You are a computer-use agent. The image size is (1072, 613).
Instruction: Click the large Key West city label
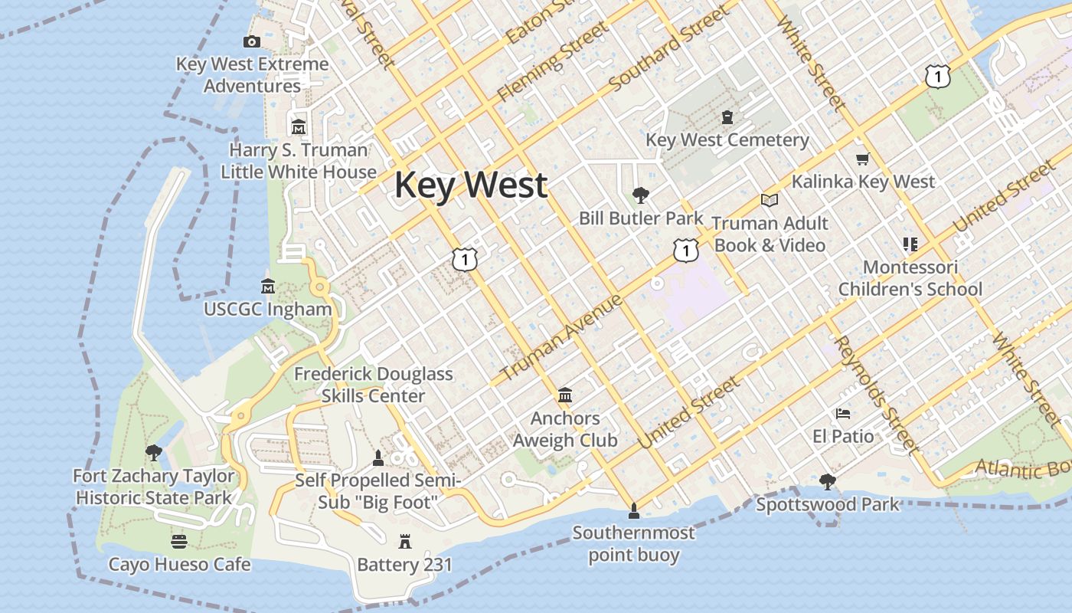coord(471,185)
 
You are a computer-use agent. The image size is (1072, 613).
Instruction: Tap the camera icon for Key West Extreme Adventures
coord(252,41)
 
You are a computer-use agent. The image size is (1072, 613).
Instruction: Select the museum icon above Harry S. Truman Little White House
coord(299,126)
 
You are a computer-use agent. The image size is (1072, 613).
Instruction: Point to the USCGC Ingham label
coord(268,310)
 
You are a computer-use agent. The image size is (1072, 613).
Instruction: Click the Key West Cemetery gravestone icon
coord(727,117)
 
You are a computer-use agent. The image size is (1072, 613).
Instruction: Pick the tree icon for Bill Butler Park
coord(640,195)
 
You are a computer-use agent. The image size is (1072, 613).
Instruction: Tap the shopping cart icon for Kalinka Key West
coord(863,159)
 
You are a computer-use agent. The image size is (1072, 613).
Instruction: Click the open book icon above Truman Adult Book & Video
coord(770,200)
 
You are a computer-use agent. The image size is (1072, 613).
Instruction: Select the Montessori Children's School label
coord(910,278)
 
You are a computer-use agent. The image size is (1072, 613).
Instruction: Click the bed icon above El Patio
coord(843,414)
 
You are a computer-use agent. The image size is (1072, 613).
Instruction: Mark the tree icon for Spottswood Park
coord(827,482)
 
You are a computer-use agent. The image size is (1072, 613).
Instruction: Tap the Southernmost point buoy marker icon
coord(633,510)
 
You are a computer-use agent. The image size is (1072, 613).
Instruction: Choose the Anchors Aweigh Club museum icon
coord(565,395)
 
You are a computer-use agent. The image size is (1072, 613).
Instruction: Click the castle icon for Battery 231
coord(405,543)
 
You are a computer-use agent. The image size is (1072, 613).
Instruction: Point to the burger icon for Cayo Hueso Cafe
coord(179,542)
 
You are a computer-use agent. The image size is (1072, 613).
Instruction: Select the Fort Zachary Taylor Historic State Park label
coord(154,487)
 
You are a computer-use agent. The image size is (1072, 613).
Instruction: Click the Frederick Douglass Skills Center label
coord(374,385)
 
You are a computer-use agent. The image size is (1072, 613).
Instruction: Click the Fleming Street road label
coord(553,62)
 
